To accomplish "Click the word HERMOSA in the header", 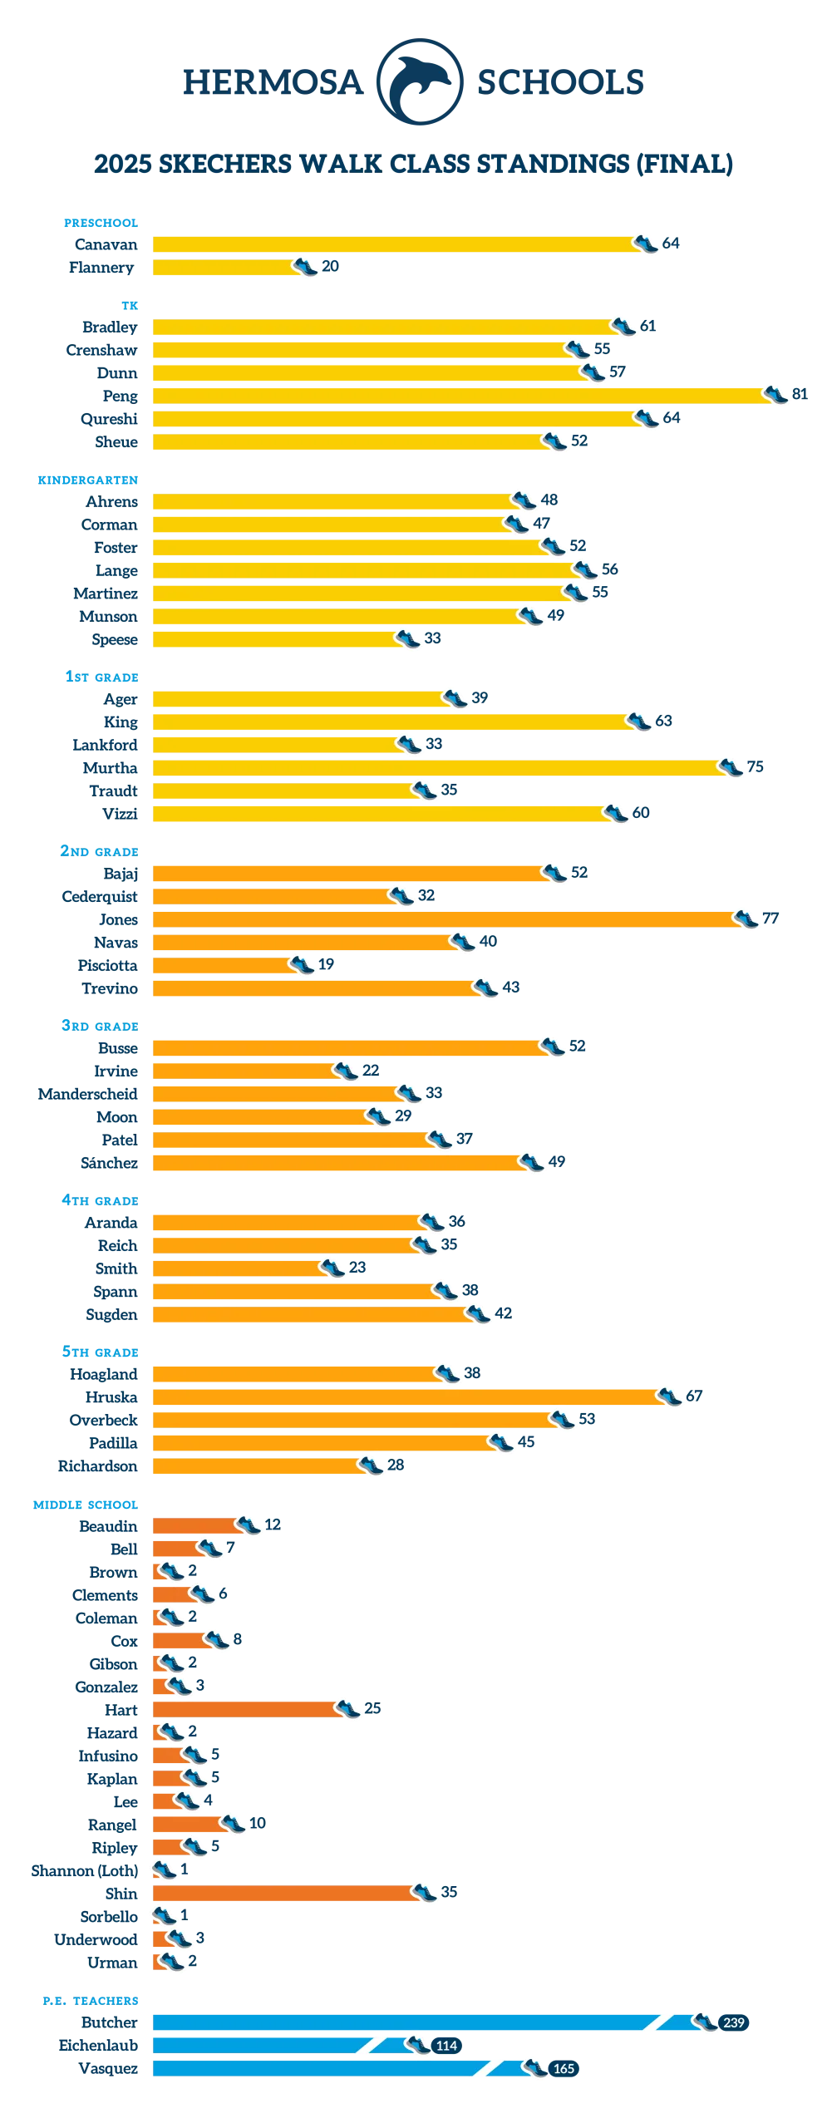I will coord(273,81).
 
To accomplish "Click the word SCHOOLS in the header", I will coord(559,81).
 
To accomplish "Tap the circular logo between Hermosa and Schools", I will coord(420,81).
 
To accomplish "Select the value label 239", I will coord(734,2022).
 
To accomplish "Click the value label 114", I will coord(446,2046).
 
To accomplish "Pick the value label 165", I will coord(564,2069).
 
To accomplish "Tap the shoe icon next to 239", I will coord(705,2022).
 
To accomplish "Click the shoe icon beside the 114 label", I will coord(417,2045).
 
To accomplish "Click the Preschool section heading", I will coord(100,223).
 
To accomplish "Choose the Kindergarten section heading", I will coord(86,480).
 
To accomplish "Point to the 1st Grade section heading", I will coord(101,677).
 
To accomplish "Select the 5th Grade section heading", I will coord(100,1352).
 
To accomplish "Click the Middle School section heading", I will coord(86,1504).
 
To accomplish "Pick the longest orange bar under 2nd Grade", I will coord(449,920).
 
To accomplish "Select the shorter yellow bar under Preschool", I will coord(224,268).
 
